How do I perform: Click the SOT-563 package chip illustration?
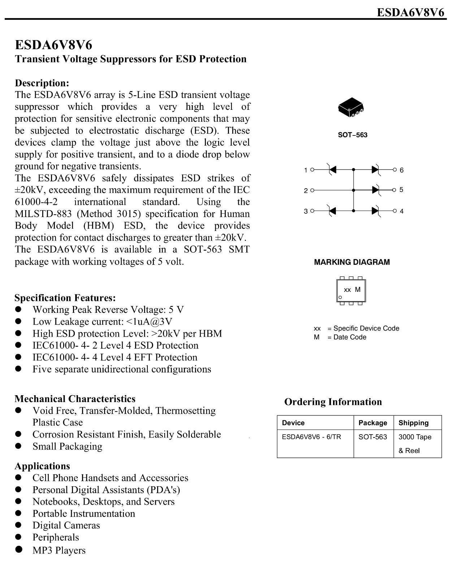point(351,107)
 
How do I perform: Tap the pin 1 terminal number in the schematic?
point(306,170)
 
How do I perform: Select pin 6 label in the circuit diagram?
point(402,170)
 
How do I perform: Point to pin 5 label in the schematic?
point(401,190)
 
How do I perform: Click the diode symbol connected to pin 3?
point(332,211)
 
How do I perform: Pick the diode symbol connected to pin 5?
point(376,190)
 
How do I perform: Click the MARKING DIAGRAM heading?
point(352,262)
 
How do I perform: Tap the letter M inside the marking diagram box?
point(358,290)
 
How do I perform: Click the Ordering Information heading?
point(333,402)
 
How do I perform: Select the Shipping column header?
point(413,423)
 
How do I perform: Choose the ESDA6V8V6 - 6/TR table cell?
point(311,437)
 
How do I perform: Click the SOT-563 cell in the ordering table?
point(372,437)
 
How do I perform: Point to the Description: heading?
point(42,83)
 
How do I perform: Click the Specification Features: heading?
point(65,298)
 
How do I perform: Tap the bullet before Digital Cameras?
point(19,525)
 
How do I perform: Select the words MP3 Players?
point(59,551)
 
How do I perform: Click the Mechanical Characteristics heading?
point(75,399)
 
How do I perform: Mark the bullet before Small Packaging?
point(19,446)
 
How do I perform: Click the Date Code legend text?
point(349,337)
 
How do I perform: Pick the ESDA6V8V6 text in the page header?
point(410,13)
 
